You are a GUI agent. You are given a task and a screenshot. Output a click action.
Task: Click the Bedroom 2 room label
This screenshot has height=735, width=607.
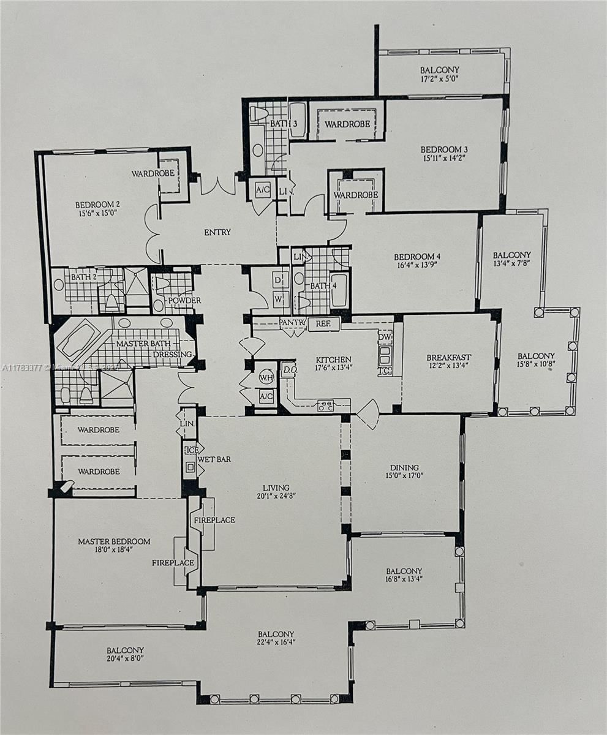96,205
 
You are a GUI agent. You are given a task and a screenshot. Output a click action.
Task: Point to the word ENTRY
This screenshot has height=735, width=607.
217,232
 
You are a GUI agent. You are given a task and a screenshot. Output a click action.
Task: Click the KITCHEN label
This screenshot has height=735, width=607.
333,360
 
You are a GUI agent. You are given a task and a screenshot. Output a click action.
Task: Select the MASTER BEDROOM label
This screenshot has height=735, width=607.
114,541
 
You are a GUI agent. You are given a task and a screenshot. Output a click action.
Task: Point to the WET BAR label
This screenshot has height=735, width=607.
214,459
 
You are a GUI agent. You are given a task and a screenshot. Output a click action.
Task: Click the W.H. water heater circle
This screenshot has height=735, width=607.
266,377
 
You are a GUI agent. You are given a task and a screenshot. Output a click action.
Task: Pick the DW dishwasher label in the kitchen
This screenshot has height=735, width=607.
385,337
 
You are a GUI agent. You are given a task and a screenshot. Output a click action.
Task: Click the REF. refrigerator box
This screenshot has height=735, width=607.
323,324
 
